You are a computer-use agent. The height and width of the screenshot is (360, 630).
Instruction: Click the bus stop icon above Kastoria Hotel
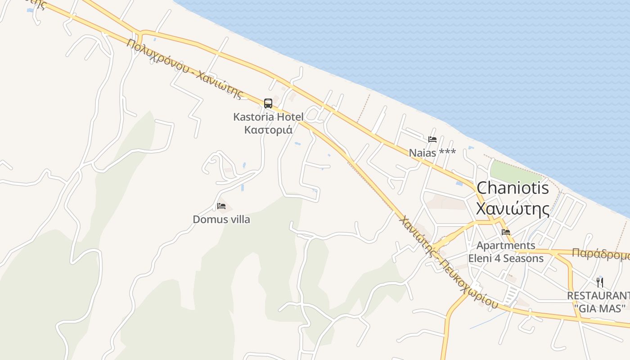coord(268,103)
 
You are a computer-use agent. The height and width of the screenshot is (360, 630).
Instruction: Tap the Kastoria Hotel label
coord(268,117)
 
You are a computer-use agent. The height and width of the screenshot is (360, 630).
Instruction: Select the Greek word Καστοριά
coord(268,130)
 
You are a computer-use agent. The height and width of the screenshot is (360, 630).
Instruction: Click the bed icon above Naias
coord(432,139)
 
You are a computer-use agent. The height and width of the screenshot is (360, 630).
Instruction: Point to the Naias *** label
coord(432,153)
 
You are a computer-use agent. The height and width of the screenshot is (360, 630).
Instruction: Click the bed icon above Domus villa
coord(221,206)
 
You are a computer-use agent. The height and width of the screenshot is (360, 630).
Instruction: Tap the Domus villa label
coord(221,220)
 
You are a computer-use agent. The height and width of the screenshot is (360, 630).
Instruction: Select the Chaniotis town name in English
coord(513,188)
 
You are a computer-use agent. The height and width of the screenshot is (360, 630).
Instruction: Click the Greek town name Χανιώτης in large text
coord(513,209)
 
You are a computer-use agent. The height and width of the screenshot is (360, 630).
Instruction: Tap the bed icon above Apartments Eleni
coord(506,232)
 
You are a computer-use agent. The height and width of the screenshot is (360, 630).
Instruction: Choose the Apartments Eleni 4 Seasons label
coord(506,252)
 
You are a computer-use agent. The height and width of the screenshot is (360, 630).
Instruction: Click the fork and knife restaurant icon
coord(600,282)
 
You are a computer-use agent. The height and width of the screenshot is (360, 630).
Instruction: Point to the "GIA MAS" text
coord(600,309)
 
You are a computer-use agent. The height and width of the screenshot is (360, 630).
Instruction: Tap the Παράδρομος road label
coord(600,254)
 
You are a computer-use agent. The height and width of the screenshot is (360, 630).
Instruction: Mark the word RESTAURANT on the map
coord(598,296)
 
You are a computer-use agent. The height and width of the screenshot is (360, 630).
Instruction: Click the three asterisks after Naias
coord(448,153)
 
